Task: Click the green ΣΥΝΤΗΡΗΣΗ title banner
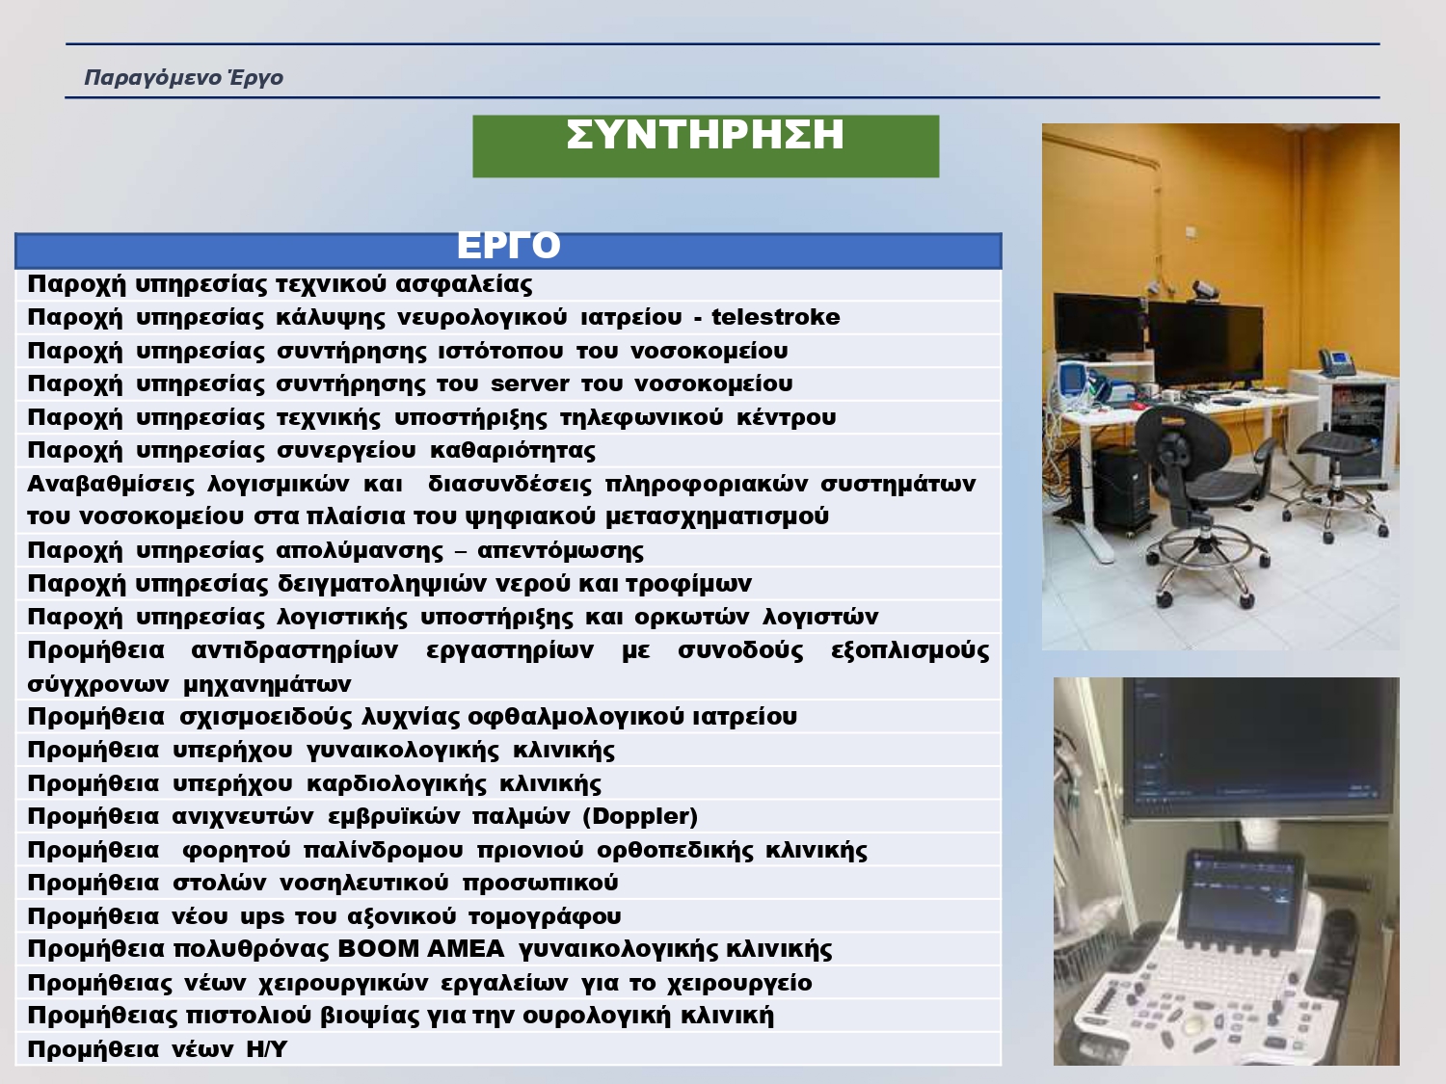[706, 146]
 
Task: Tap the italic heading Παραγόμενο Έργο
[184, 78]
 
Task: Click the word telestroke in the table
[775, 317]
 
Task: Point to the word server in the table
[529, 383]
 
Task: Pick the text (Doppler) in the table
[640, 817]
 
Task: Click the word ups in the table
[262, 917]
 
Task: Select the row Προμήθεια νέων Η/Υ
[157, 1049]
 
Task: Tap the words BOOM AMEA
[421, 949]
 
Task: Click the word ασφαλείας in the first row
[464, 284]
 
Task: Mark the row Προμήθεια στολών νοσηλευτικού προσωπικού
[323, 883]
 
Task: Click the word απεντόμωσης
[561, 550]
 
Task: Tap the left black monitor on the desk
[1100, 327]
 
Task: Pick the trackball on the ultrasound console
[1193, 1025]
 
